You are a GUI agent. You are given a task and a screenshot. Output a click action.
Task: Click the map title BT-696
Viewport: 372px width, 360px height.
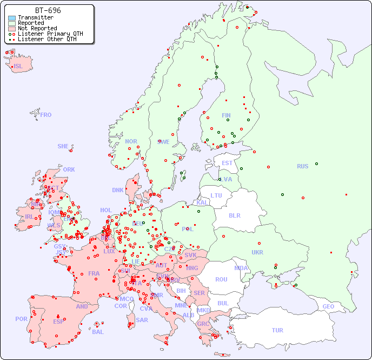pyautogui.click(x=48, y=10)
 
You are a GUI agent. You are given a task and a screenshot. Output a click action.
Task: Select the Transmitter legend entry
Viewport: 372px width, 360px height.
pyautogui.click(x=35, y=17)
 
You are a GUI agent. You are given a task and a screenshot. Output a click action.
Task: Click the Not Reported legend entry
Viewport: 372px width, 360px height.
pyautogui.click(x=37, y=28)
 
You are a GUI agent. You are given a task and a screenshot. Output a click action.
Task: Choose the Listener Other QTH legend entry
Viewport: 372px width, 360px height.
pyautogui.click(x=48, y=39)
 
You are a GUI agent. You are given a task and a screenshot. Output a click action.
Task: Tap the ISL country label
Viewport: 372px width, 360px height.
pyautogui.click(x=18, y=67)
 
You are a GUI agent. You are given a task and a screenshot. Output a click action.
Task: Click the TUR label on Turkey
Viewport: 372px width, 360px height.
pyautogui.click(x=277, y=330)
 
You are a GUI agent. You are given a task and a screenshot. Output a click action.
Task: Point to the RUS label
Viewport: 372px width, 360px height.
pyautogui.click(x=302, y=166)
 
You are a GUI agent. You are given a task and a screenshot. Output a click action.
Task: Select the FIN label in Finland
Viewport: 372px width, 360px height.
pyautogui.click(x=226, y=115)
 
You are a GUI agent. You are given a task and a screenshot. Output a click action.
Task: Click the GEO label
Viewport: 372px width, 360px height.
pyautogui.click(x=328, y=306)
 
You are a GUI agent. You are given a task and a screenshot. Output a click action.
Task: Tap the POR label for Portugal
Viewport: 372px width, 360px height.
pyautogui.click(x=21, y=319)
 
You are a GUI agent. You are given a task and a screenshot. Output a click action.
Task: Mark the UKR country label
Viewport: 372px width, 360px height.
pyautogui.click(x=257, y=252)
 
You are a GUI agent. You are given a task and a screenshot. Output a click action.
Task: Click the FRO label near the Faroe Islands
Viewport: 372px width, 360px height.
pyautogui.click(x=46, y=115)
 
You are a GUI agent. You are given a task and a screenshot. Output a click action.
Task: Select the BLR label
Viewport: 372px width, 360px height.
pyautogui.click(x=234, y=215)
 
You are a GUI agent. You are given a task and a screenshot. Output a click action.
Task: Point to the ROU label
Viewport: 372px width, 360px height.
pyautogui.click(x=221, y=279)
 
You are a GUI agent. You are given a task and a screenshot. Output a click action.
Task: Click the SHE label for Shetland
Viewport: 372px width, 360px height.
pyautogui.click(x=63, y=146)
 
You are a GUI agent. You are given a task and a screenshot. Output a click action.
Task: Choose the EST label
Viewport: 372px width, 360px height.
pyautogui.click(x=227, y=163)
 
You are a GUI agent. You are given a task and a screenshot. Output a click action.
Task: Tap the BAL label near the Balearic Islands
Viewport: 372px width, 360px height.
pyautogui.click(x=98, y=332)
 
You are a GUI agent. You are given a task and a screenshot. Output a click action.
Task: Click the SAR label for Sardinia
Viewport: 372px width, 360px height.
pyautogui.click(x=142, y=320)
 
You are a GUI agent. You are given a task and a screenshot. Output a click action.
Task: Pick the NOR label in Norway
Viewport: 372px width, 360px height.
pyautogui.click(x=131, y=141)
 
